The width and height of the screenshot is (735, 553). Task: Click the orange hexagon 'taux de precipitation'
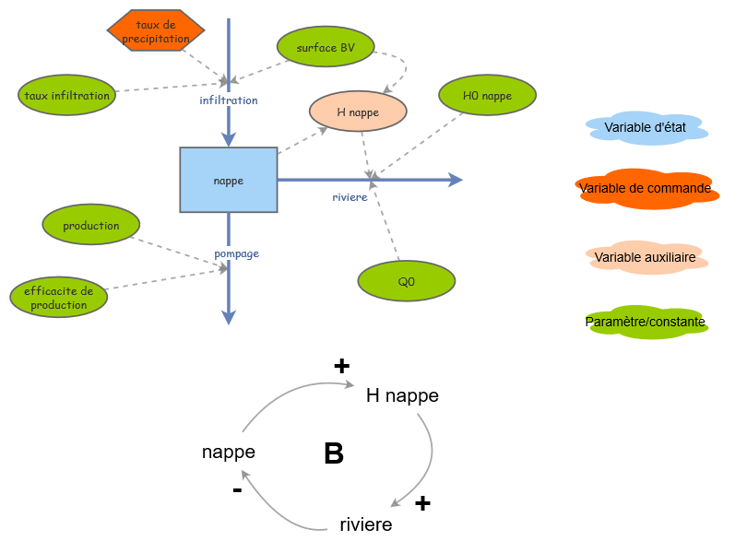(x=156, y=32)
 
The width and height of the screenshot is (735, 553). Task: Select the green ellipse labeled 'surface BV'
(x=326, y=48)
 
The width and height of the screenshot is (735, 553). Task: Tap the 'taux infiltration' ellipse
(x=66, y=95)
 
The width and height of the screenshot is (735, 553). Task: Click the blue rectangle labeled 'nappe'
(x=228, y=181)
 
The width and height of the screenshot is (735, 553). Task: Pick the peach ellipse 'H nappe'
(x=358, y=112)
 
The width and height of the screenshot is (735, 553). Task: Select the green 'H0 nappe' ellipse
(x=487, y=96)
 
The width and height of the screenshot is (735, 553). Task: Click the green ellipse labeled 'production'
(x=91, y=225)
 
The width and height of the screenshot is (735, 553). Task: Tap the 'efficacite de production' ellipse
(x=58, y=298)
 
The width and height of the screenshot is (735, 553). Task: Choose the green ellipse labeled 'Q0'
(x=406, y=281)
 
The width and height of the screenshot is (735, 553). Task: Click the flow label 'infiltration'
(x=229, y=100)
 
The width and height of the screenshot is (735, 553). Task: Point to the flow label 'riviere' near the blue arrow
(x=350, y=196)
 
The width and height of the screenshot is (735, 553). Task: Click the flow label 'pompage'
(x=236, y=253)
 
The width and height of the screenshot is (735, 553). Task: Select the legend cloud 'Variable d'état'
(x=646, y=128)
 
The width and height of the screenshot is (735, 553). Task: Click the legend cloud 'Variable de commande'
(x=646, y=189)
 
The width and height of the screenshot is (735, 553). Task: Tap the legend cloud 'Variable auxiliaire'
(x=646, y=257)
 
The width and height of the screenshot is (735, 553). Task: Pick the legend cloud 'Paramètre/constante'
(x=646, y=322)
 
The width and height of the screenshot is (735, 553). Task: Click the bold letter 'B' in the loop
(x=334, y=453)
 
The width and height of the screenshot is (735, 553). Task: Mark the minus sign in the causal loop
(x=237, y=490)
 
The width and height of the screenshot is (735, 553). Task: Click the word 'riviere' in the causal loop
(x=365, y=524)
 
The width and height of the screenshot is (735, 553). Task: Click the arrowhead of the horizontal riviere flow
(x=456, y=180)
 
